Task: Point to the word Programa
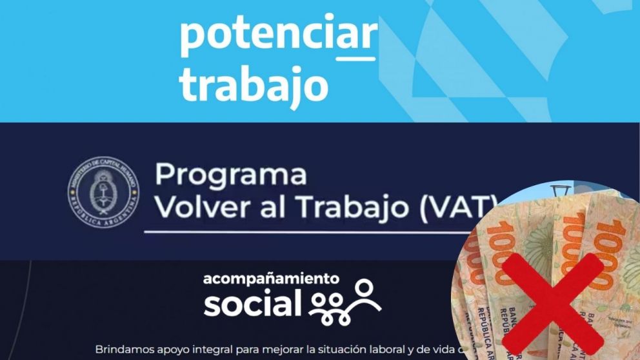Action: click(231, 175)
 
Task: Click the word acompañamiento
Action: click(271, 279)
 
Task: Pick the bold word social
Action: click(252, 303)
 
